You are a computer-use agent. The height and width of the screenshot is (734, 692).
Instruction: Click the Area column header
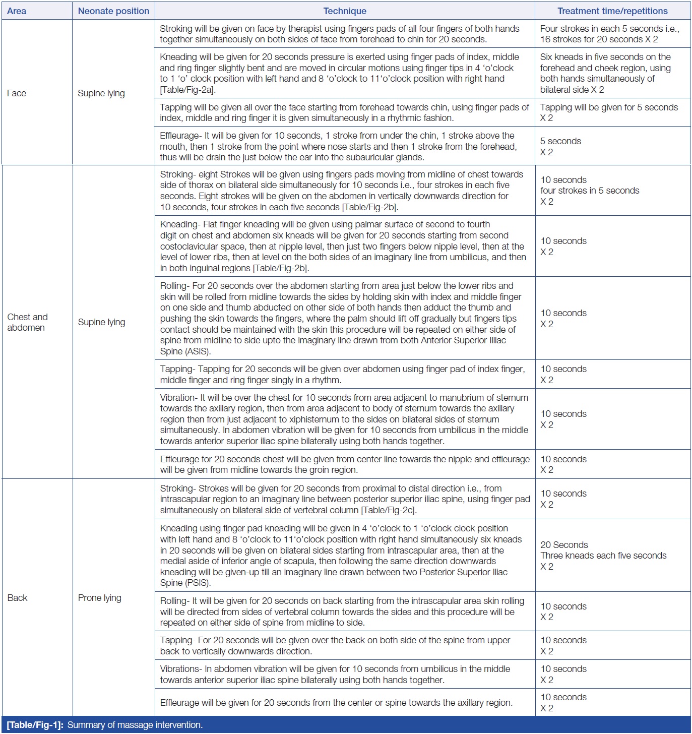click(17, 11)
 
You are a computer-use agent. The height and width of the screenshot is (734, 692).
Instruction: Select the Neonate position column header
click(113, 11)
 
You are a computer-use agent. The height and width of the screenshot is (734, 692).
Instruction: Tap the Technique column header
click(345, 11)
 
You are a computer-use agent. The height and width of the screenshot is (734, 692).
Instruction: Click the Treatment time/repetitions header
click(612, 11)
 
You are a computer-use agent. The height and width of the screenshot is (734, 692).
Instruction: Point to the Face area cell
click(17, 93)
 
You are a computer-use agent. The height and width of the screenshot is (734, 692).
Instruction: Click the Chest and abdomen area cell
click(27, 322)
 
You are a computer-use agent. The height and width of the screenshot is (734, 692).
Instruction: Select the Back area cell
click(18, 598)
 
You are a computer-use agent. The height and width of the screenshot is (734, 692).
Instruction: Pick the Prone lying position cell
click(100, 598)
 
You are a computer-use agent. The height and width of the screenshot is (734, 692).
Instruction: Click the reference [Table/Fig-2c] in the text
click(389, 510)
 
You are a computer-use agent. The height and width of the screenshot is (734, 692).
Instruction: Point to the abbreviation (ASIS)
click(198, 351)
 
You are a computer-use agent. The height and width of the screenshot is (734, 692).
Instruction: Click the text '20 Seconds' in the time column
click(564, 545)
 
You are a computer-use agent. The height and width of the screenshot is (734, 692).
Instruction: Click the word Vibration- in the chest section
click(178, 398)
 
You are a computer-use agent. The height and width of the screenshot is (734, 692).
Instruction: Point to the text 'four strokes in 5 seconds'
click(590, 191)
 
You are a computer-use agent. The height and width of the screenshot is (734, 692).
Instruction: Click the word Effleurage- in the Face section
click(181, 136)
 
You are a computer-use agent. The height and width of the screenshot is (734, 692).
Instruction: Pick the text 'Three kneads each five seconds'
click(603, 556)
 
